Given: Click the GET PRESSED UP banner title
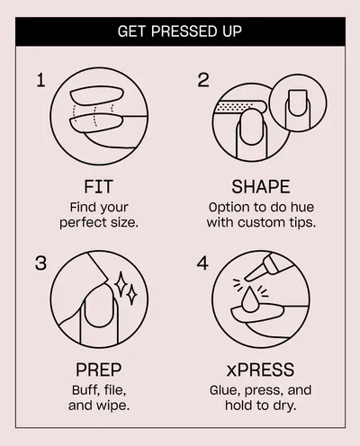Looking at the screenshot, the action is pos(180,31).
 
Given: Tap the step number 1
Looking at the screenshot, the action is pos(41,80).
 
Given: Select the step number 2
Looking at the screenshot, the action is pos(203,80).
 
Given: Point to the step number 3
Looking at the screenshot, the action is pos(40,263).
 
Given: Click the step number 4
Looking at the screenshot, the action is pos(202,263).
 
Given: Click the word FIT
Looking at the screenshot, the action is pos(98,186).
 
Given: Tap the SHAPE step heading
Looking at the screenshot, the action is pos(261,186).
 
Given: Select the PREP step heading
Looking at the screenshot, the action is pos(98,370).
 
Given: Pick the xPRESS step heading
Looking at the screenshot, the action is pos(260,370).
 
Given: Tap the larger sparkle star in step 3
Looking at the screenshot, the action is pos(121,284).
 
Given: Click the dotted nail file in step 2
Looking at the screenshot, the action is pos(240,106).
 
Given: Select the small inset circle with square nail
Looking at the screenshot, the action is pos(298,103).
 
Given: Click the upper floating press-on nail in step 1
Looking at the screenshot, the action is pos(96,95).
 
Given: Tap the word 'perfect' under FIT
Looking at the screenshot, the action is pos(80,223).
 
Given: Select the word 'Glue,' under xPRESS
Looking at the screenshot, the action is pos(226,390).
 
